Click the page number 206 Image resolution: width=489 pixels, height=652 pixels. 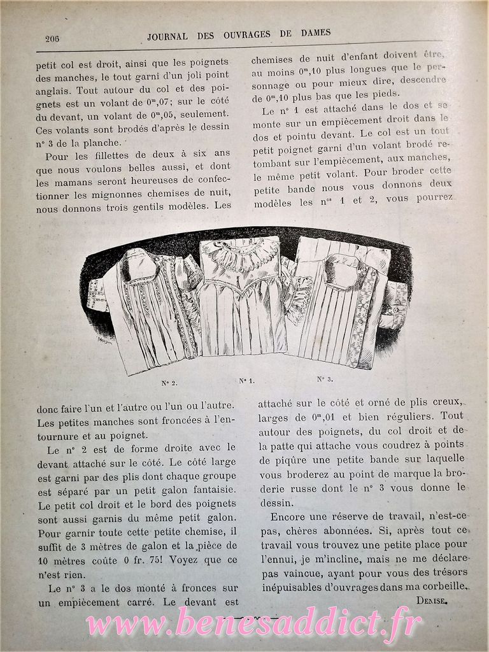pos(52,38)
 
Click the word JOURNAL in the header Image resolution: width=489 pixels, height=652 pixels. pos(167,36)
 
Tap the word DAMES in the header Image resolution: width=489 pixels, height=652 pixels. pos(315,33)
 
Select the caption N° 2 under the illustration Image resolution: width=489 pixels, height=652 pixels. pos(169,383)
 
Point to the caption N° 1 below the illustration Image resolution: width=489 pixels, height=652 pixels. pos(246,381)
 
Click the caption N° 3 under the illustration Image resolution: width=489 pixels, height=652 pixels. pos(325,379)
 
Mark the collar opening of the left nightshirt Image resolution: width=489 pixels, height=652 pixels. pos(140,268)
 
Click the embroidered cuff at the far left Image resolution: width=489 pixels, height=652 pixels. pos(97,294)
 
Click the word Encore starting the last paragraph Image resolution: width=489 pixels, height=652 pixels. pos(290,516)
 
